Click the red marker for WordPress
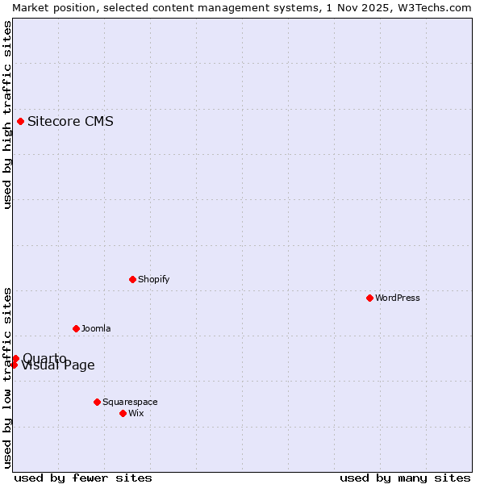click(369, 298)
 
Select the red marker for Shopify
click(132, 279)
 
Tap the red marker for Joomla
click(76, 328)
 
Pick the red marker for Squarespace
click(97, 402)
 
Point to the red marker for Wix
click(123, 413)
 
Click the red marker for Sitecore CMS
click(20, 122)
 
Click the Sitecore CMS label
click(70, 122)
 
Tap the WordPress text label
click(398, 298)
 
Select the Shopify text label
click(153, 279)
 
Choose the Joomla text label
click(96, 328)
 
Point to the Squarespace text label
click(130, 402)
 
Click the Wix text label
click(136, 413)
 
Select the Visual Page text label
click(58, 365)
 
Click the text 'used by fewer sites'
click(82, 478)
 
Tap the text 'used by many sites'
click(405, 478)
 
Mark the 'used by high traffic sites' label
click(7, 115)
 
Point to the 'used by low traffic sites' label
click(7, 377)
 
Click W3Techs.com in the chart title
click(433, 7)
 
